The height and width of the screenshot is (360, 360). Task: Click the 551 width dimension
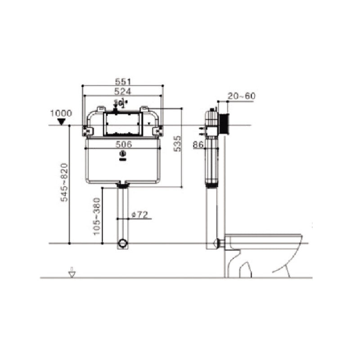coord(122,81)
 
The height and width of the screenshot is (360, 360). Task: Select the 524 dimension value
coord(122,91)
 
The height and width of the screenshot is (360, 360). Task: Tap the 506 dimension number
coord(123,144)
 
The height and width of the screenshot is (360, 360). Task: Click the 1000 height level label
coord(61,112)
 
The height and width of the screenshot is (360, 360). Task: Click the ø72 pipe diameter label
coord(140,215)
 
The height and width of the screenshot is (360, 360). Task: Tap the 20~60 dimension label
coord(241,96)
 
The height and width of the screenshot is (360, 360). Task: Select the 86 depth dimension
coord(198,144)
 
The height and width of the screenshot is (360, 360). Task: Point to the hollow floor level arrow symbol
coord(71,272)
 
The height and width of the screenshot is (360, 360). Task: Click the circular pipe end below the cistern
coord(122,244)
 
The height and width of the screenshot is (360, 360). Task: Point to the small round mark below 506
coord(122,156)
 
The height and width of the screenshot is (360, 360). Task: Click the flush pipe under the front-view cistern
coord(122,211)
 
